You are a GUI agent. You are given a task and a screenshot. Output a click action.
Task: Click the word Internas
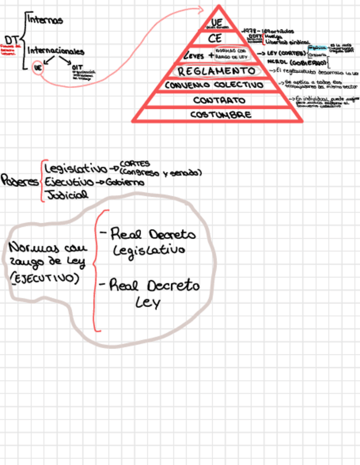point(45,20)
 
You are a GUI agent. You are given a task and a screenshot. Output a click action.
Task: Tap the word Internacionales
point(56,51)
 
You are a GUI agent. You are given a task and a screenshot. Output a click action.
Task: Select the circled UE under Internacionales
point(37,69)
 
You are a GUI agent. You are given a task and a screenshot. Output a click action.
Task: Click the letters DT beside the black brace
point(12,40)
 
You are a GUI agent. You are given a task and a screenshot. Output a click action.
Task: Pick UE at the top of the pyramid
point(216,21)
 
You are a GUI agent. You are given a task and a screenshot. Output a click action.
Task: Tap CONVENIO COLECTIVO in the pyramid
point(214,86)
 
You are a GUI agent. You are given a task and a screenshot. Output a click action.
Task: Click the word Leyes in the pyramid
point(194,56)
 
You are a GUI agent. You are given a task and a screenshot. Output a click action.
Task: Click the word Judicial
point(66,195)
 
